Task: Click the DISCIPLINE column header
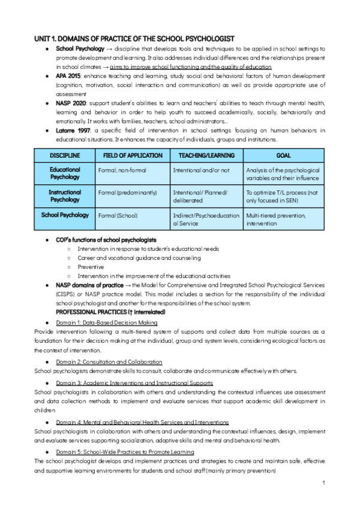(x=64, y=155)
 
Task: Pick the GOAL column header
(x=284, y=155)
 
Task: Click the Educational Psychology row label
(x=64, y=173)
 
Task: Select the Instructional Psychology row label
(x=64, y=196)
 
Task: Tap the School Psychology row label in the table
(x=64, y=215)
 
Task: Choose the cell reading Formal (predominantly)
(x=127, y=193)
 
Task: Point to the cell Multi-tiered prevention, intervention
(x=275, y=219)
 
